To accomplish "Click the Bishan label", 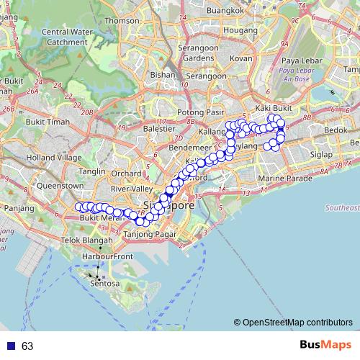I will [163, 74].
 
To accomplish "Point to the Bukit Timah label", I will [46, 123].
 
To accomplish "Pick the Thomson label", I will [122, 21].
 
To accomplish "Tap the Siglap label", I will [320, 154].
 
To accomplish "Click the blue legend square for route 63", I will [10, 346].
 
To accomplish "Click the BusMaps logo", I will [323, 346].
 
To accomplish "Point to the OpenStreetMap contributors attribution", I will [294, 323].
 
